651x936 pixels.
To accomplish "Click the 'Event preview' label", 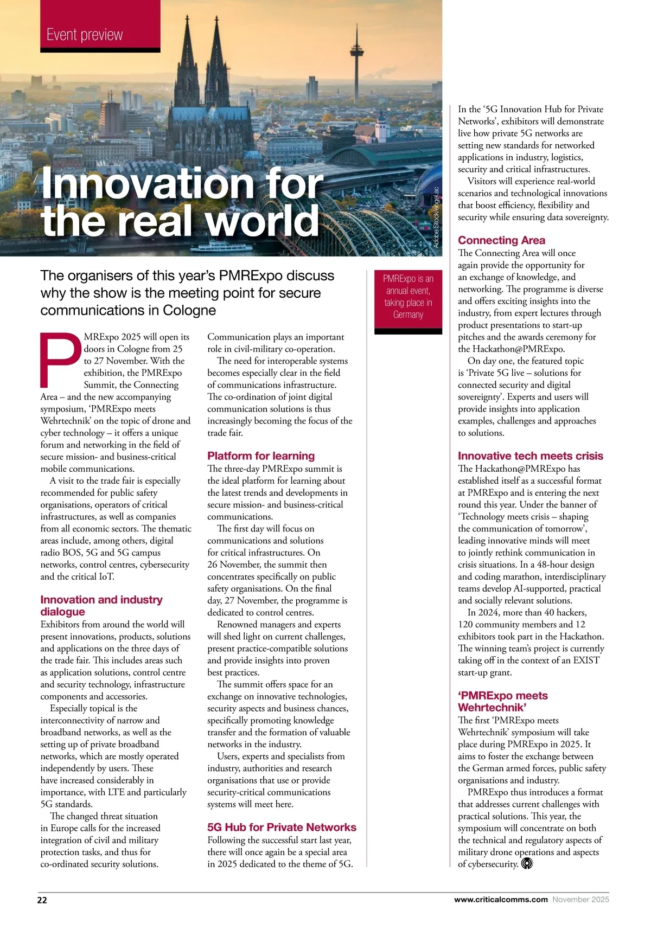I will [x=85, y=35].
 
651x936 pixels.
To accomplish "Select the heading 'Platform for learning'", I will [x=261, y=456].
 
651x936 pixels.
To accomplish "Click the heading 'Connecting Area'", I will [x=501, y=240].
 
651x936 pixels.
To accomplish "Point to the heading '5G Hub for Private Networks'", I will [x=282, y=828].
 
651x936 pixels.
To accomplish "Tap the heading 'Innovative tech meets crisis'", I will [x=530, y=456].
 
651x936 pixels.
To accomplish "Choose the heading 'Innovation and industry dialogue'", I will [x=101, y=606].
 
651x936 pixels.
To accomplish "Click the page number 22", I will [x=42, y=900].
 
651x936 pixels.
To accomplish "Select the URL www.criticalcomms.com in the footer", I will [x=500, y=900].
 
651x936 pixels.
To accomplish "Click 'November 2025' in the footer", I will [x=580, y=900].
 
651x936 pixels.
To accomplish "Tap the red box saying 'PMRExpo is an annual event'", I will [x=408, y=297].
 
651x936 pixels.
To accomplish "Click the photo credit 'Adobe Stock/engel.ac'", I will [x=436, y=217].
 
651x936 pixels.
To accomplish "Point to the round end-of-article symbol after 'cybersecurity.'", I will [x=527, y=863].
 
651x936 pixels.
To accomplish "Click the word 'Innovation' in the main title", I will [x=147, y=184].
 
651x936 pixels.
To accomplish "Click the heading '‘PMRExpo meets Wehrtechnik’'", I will [x=502, y=702].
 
